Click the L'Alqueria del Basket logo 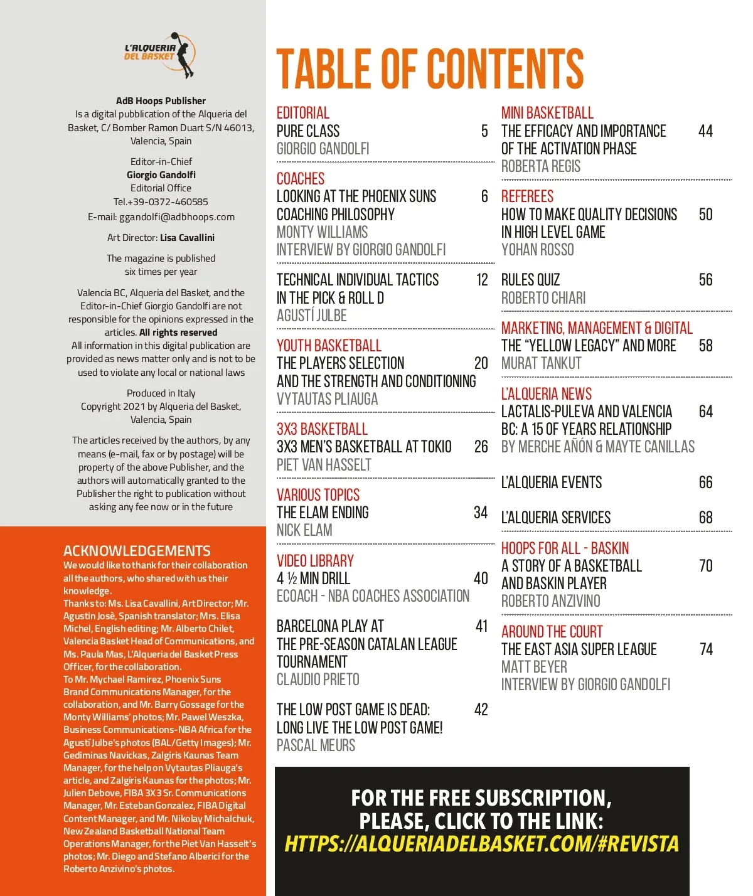[161, 55]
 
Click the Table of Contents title [430, 69]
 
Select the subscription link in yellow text [481, 844]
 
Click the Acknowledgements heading [137, 551]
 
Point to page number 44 [705, 131]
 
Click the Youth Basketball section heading [329, 346]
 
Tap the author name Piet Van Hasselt [324, 465]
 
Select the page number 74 [706, 649]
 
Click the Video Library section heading [315, 561]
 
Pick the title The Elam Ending [323, 513]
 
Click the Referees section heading [527, 196]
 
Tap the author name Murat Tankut [541, 363]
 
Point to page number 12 [482, 280]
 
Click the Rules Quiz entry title [530, 280]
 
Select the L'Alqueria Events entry [551, 483]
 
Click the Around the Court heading [552, 632]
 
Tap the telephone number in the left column [161, 202]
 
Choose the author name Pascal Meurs [316, 745]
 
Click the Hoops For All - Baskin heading [565, 548]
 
